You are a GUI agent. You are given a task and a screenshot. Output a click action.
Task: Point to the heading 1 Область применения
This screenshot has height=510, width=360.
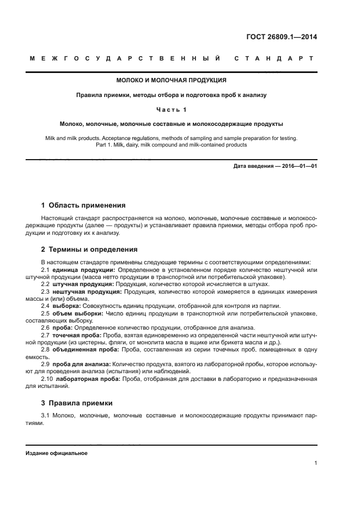tap(83, 205)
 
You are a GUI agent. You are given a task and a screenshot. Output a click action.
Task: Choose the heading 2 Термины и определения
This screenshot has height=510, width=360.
tap(89, 249)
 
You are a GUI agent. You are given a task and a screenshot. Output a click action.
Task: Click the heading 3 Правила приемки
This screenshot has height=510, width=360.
tap(77, 403)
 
